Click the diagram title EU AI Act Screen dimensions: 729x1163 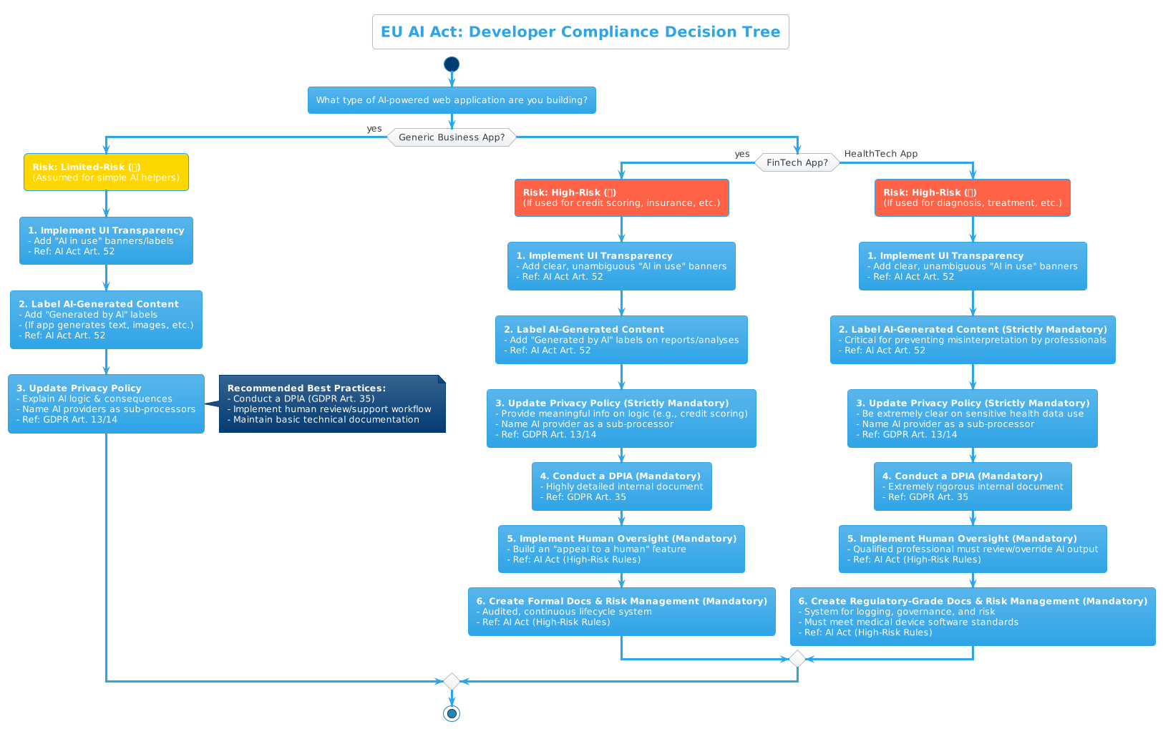coord(580,32)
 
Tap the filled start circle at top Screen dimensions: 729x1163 coord(452,64)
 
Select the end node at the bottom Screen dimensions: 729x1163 coord(452,713)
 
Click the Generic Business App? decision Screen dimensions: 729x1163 coord(452,137)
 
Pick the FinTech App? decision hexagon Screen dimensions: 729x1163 coord(797,162)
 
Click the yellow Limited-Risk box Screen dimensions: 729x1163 coord(106,172)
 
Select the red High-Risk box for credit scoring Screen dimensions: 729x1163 coord(621,197)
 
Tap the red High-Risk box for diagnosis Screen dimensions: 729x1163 coord(972,197)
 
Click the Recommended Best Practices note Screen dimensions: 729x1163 coord(332,403)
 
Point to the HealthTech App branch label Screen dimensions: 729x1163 coord(880,154)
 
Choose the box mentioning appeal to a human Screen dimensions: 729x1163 coord(621,549)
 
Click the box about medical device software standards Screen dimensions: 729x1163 coord(972,617)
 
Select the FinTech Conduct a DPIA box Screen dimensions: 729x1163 coord(621,486)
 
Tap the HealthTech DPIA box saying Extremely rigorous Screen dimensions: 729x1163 coord(972,486)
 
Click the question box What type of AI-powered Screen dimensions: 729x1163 coord(452,100)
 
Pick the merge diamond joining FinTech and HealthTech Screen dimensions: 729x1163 coord(797,659)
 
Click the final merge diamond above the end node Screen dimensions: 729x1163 coord(452,681)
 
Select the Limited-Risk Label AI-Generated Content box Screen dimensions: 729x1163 coord(106,320)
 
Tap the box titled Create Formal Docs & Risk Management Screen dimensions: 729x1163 coord(621,612)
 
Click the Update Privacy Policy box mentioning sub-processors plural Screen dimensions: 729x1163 coord(106,403)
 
